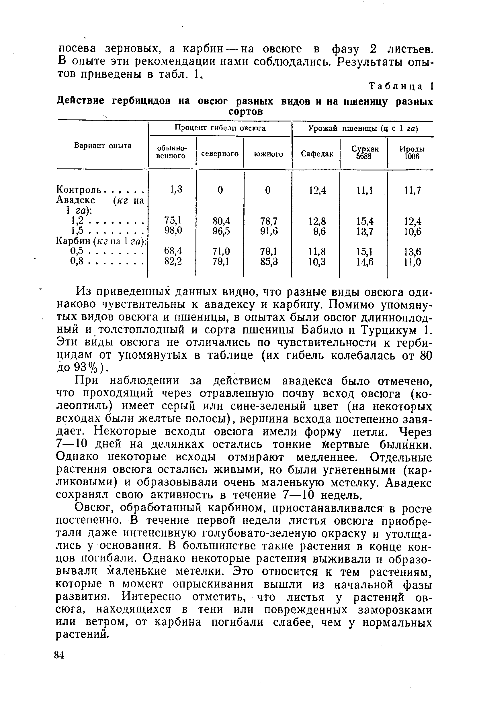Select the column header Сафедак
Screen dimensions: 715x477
point(317,154)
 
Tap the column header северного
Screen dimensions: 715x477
point(220,154)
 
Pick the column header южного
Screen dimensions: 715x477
point(268,154)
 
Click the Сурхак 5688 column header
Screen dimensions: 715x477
point(365,153)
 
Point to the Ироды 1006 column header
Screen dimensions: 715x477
point(412,153)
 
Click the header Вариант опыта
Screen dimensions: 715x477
point(103,146)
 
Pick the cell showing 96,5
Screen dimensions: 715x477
point(221,231)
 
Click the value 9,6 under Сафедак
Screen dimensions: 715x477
point(319,231)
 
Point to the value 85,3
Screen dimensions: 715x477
point(269,262)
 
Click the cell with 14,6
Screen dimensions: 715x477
point(365,262)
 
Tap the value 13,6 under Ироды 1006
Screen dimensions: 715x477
point(413,252)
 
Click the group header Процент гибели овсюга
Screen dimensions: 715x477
point(220,128)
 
